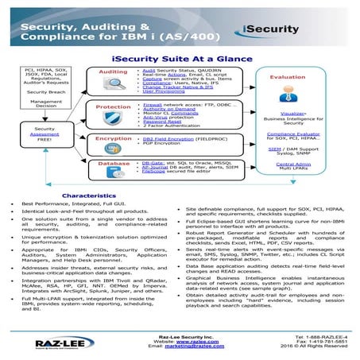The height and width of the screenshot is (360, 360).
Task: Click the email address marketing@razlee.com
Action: click(180, 346)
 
